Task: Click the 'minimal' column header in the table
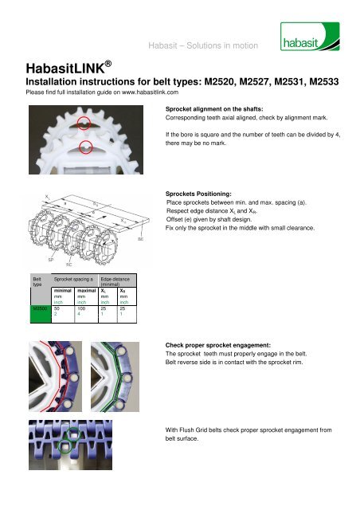tap(65, 292)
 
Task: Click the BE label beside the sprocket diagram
tap(141, 238)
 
